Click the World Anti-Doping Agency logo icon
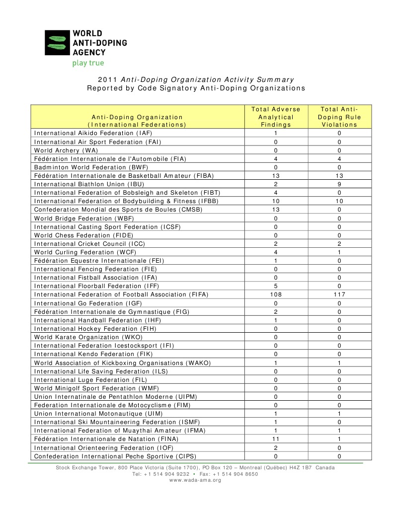pyautogui.click(x=58, y=43)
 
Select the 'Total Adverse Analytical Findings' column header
pyautogui.click(x=276, y=117)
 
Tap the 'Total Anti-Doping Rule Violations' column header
pyautogui.click(x=339, y=117)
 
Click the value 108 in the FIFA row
pyautogui.click(x=276, y=294)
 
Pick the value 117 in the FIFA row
pyautogui.click(x=339, y=294)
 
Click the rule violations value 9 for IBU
pyautogui.click(x=339, y=184)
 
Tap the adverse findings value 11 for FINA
pyautogui.click(x=276, y=439)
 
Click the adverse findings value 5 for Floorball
pyautogui.click(x=276, y=286)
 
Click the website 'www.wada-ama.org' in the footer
pyautogui.click(x=195, y=480)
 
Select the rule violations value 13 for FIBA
pyautogui.click(x=339, y=176)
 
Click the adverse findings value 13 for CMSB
pyautogui.click(x=276, y=210)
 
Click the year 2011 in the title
pyautogui.click(x=107, y=79)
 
